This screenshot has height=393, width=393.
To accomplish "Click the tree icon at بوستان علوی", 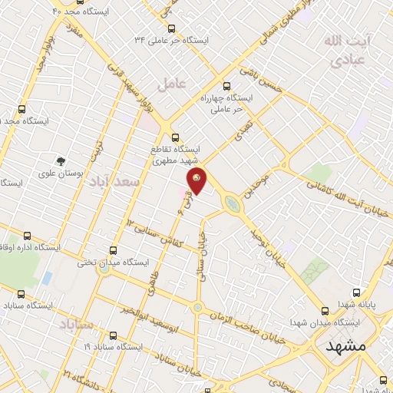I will (60, 161).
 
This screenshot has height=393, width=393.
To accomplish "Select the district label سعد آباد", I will (115, 183).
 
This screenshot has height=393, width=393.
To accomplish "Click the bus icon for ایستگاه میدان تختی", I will (114, 250).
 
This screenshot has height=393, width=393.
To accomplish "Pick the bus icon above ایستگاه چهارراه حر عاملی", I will (225, 87).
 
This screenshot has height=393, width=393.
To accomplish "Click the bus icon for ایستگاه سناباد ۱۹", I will (114, 335).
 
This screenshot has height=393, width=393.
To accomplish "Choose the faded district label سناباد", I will (75, 324).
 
